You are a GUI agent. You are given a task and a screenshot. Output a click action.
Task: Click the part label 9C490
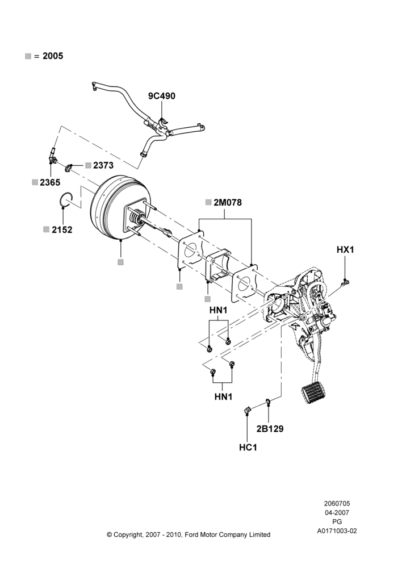pyautogui.click(x=161, y=96)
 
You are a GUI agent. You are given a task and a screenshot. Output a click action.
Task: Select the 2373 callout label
pyautogui.click(x=103, y=165)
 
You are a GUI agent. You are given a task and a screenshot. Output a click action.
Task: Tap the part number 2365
pyautogui.click(x=50, y=182)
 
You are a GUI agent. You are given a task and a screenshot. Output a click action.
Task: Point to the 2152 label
pyautogui.click(x=62, y=229)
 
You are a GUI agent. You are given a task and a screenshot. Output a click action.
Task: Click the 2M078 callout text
pyautogui.click(x=228, y=203)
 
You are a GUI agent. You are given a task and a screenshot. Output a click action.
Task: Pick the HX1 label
pyautogui.click(x=345, y=249)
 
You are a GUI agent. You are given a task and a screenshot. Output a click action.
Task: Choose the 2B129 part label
pyautogui.click(x=270, y=429)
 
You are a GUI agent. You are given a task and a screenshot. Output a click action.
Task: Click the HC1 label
pyautogui.click(x=248, y=448)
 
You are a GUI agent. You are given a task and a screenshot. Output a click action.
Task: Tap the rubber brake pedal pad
pyautogui.click(x=313, y=392)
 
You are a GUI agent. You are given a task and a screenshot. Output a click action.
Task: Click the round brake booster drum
pyautogui.click(x=108, y=208)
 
